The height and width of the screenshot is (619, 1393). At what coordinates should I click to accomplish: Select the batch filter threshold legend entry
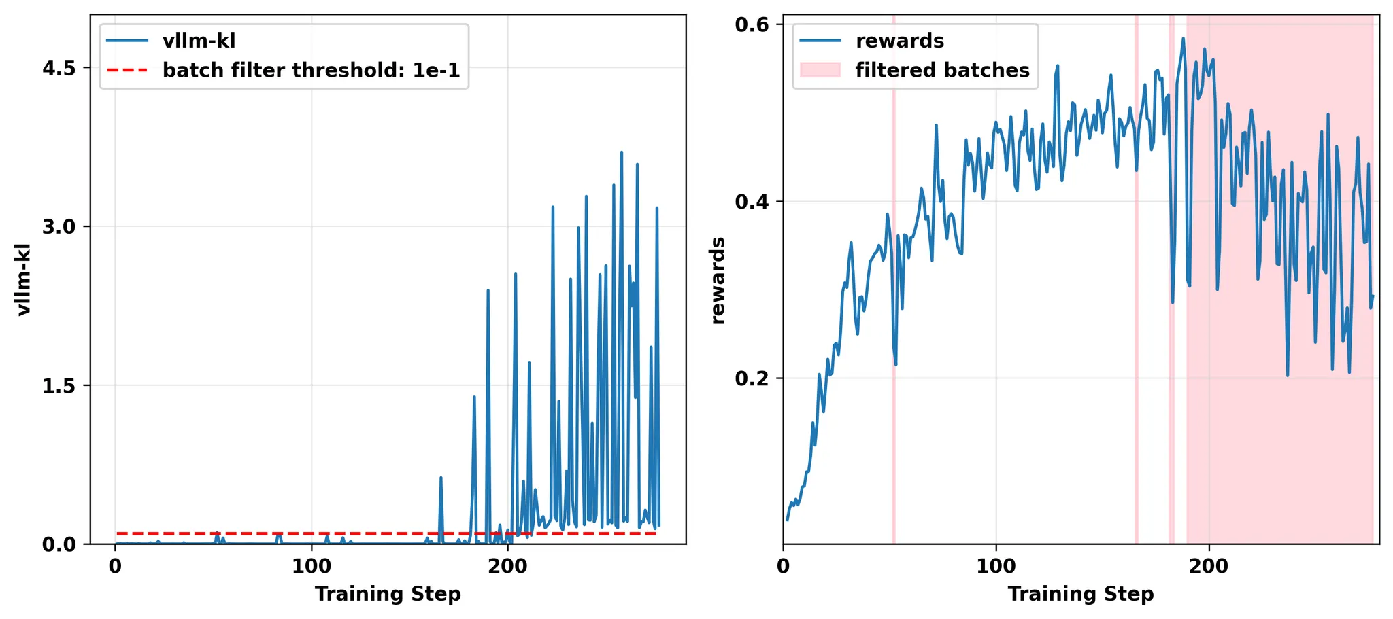pos(311,70)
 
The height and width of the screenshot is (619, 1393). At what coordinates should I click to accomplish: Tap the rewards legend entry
pos(899,41)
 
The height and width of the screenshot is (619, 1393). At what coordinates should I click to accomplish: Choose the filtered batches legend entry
pos(942,70)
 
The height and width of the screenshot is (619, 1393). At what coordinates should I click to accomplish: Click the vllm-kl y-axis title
pos(24,279)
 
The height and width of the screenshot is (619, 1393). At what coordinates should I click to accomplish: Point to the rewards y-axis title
pos(718,281)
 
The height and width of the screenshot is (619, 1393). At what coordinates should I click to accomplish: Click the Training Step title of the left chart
pos(388,595)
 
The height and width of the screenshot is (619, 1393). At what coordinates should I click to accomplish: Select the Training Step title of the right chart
pos(1081,595)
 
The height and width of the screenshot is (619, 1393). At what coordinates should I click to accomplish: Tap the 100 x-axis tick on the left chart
pos(312,566)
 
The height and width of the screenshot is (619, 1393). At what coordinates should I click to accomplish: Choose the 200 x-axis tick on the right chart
pos(1209,566)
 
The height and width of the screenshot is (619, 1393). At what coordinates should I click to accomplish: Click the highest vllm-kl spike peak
pos(621,152)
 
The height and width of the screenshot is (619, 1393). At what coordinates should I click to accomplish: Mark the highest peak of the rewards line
pos(1183,38)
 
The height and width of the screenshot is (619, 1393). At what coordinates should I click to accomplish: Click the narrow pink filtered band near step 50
pos(893,272)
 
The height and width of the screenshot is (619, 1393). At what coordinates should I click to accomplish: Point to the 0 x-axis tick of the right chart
pos(784,566)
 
